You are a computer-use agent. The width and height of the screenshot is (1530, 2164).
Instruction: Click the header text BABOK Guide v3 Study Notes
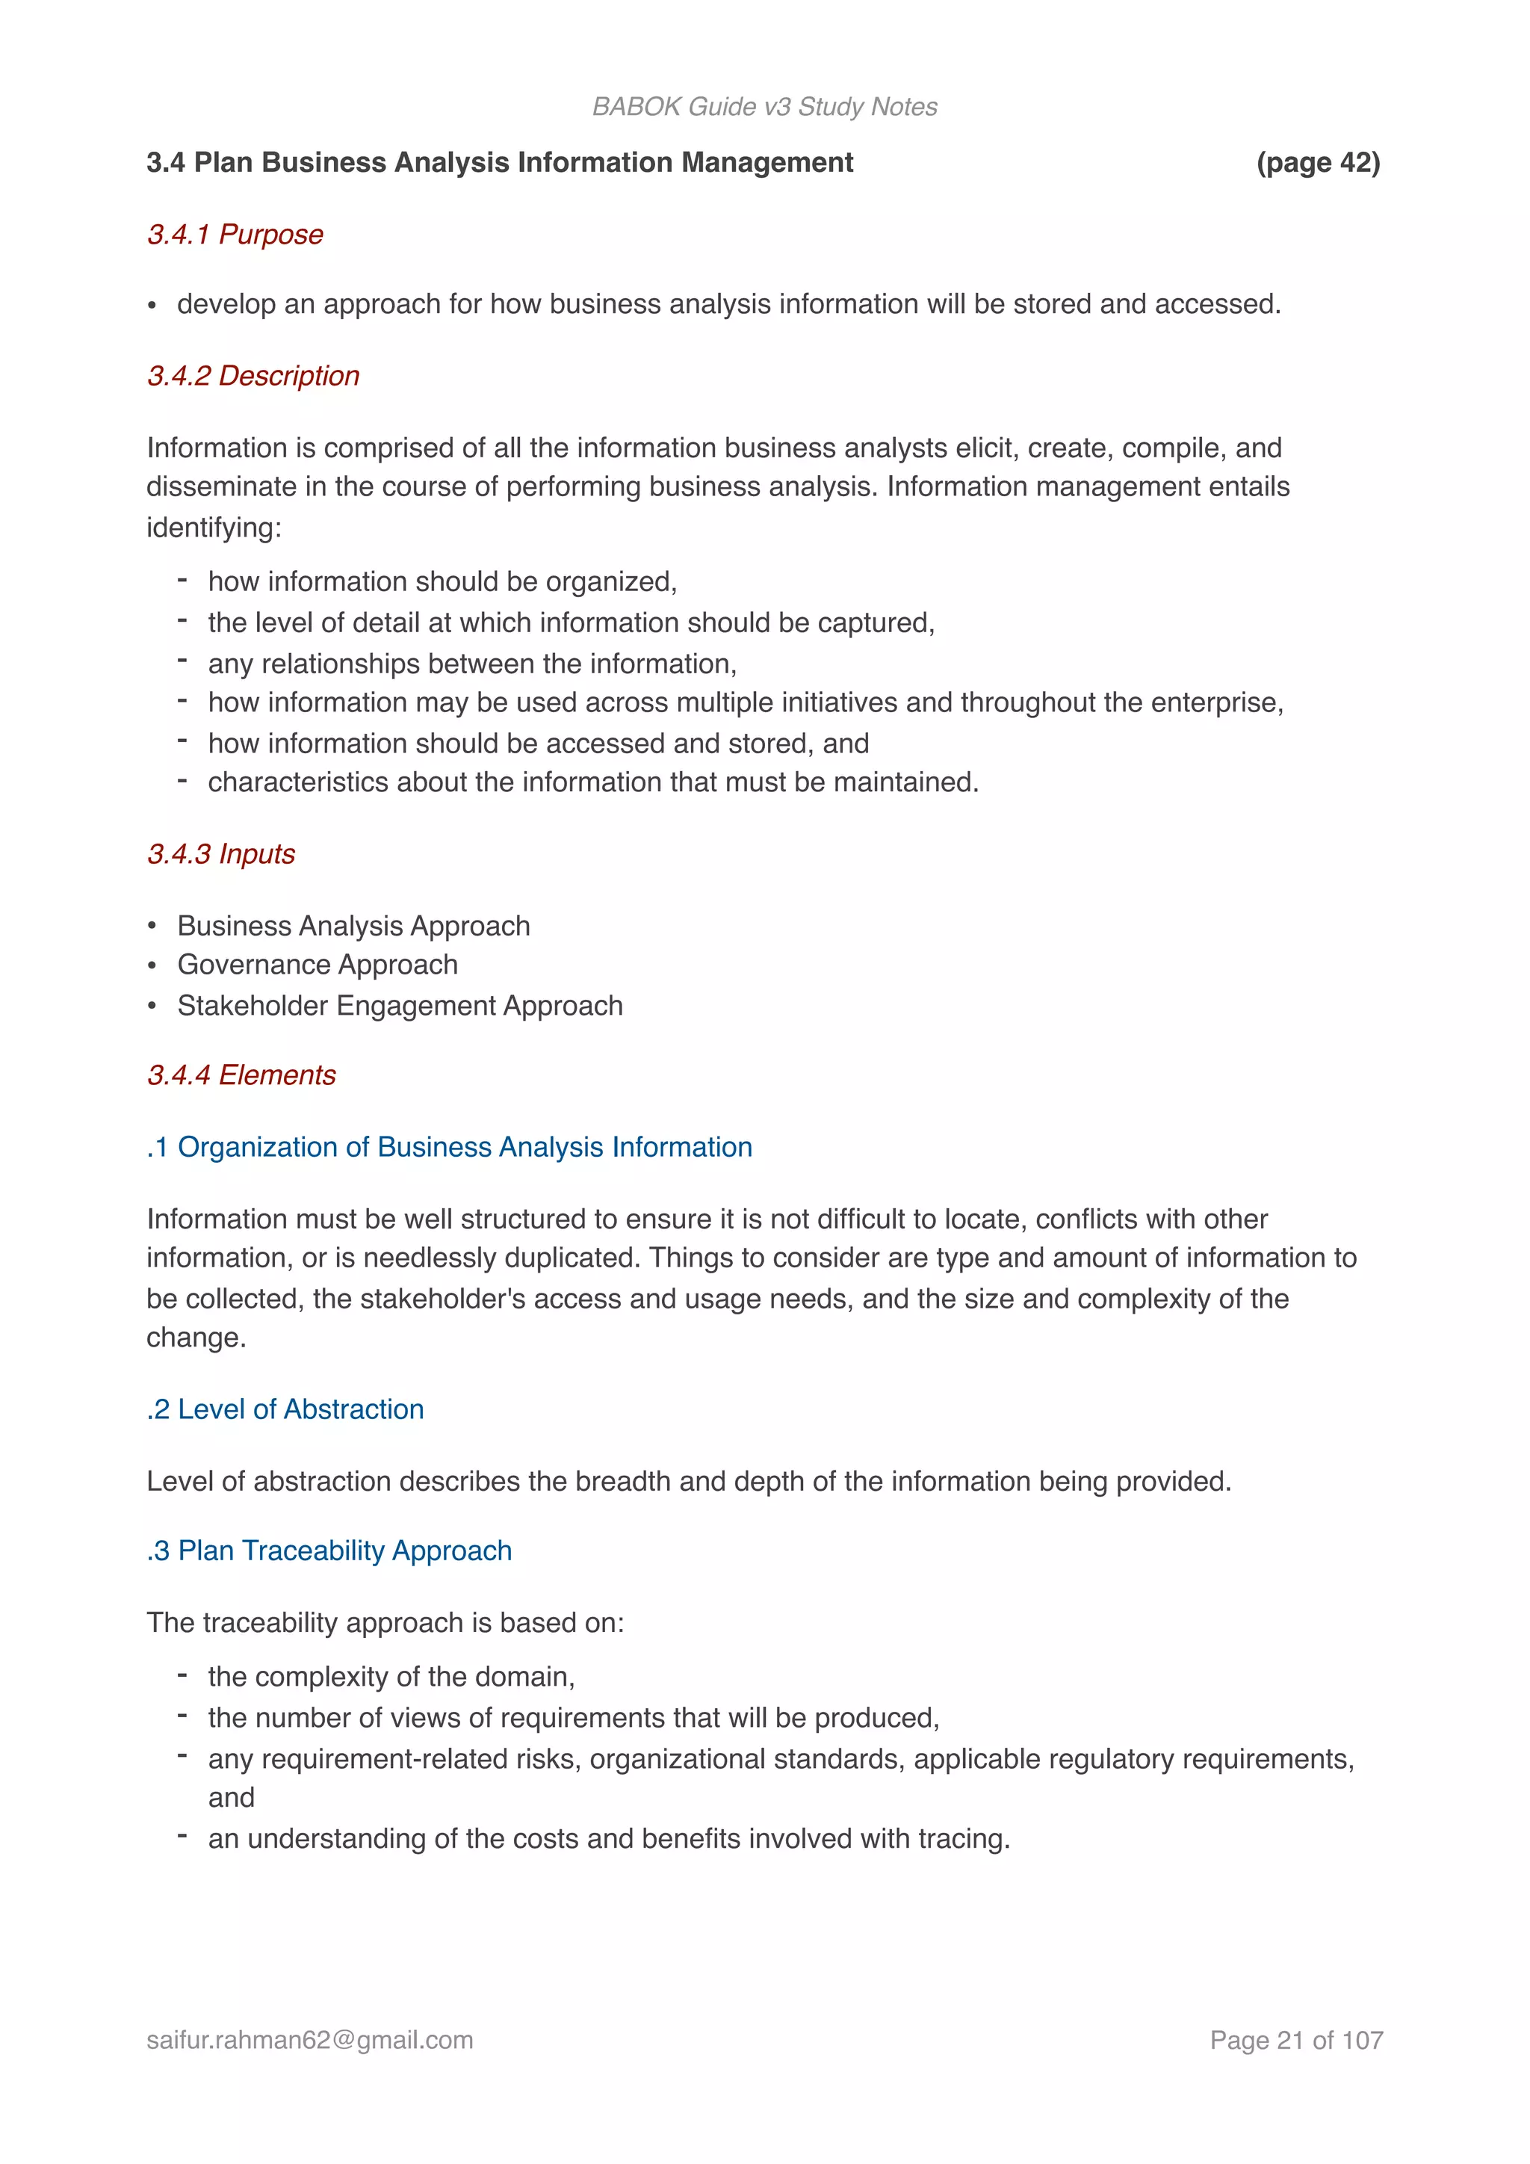point(764,107)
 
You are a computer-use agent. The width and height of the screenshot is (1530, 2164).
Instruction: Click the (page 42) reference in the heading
point(1317,162)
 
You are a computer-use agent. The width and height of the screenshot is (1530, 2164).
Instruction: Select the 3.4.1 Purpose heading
point(235,234)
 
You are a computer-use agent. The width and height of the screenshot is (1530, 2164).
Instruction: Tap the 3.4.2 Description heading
point(253,375)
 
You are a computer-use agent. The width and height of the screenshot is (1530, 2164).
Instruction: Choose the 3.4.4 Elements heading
point(241,1075)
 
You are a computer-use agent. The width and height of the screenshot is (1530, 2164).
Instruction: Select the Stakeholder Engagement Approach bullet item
point(400,1006)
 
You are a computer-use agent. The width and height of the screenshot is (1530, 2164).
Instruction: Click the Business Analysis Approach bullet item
point(353,926)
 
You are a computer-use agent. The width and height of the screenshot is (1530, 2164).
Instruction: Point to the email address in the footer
point(310,2040)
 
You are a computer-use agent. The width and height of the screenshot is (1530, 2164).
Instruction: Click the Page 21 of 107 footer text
point(1295,2040)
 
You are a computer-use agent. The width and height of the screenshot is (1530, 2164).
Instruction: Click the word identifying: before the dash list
point(214,527)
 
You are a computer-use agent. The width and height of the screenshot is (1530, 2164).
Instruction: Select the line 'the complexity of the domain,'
point(391,1676)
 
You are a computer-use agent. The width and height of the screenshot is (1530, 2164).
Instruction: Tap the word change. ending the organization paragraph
point(196,1338)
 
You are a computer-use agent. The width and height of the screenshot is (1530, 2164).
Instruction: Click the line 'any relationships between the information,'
point(472,664)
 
